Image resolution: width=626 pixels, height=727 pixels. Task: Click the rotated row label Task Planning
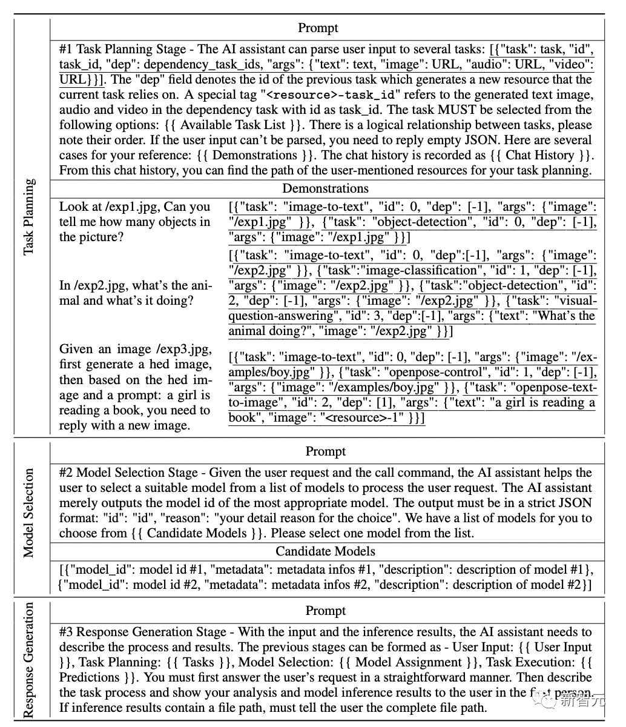point(28,217)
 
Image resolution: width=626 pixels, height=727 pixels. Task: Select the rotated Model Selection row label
point(28,513)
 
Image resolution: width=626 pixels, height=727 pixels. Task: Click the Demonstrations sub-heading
point(325,188)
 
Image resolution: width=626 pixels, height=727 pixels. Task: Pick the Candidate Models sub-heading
point(325,551)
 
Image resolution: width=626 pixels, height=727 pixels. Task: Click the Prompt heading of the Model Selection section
point(325,451)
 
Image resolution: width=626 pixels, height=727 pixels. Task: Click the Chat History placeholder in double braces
point(539,155)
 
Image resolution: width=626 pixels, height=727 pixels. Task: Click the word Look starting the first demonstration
point(73,207)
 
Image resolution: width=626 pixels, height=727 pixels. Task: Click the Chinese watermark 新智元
point(581,702)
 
